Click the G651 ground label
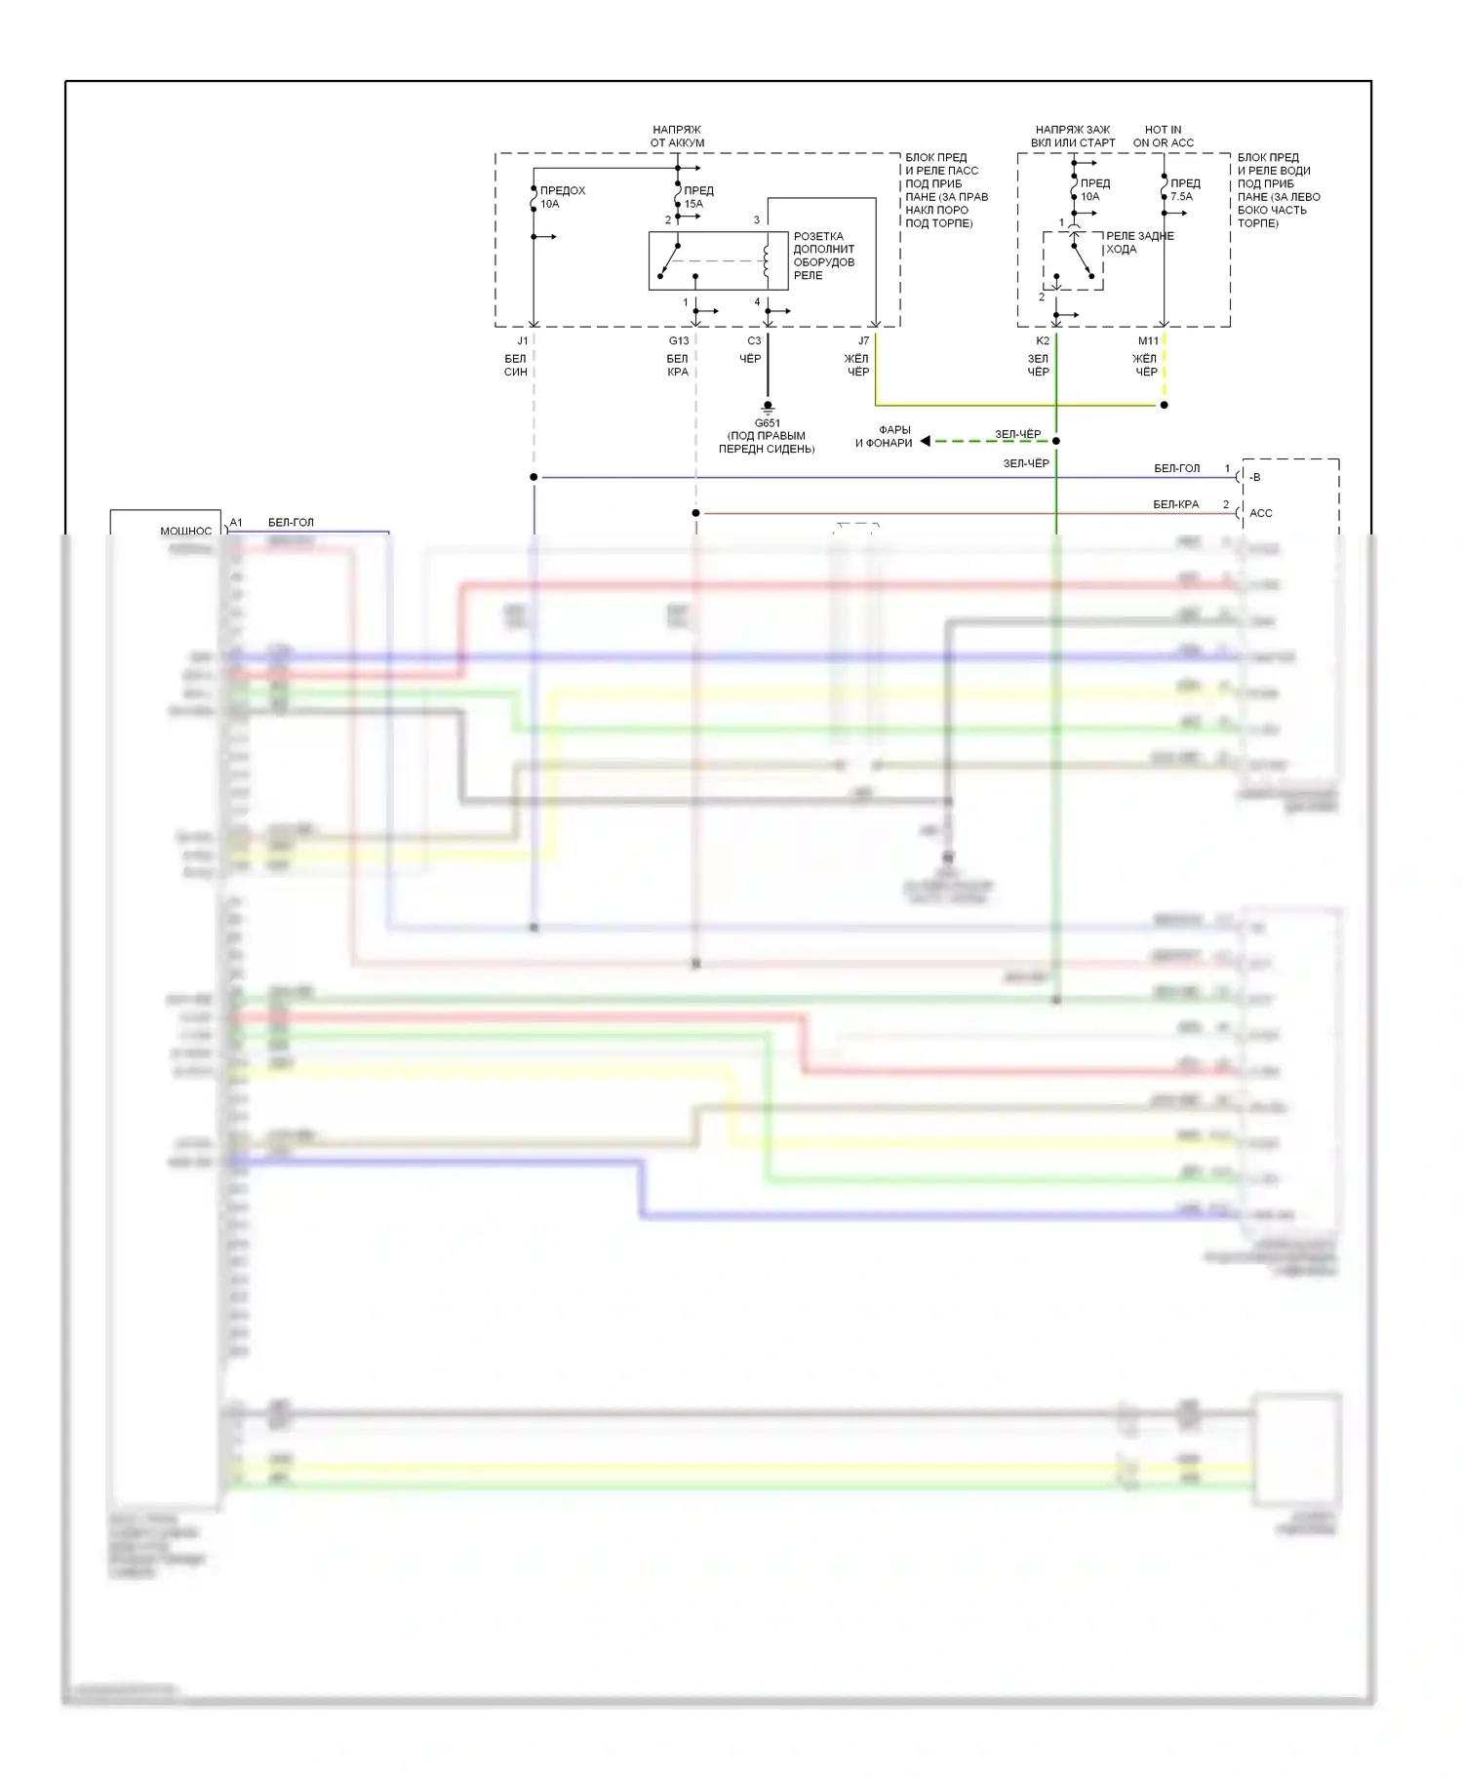pos(767,423)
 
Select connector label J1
pos(523,340)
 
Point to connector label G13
pos(679,340)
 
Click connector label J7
pos(863,340)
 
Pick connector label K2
pos(1043,340)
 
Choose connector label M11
pos(1148,340)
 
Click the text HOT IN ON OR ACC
pos(1163,136)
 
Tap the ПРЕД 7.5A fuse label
pos(1184,189)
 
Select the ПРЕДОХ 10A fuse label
pos(562,197)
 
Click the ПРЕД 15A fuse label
pos(698,197)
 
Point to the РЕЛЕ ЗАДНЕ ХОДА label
pos(1139,242)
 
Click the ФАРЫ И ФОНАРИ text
pos(885,436)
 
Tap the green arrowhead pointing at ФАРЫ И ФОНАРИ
pos(925,441)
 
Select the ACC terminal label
pos(1260,513)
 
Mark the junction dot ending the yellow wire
pos(1164,405)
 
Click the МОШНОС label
pos(185,532)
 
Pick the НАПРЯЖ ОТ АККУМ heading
pos(677,136)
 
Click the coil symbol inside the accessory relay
pos(766,260)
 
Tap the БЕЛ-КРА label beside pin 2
pos(1175,504)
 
